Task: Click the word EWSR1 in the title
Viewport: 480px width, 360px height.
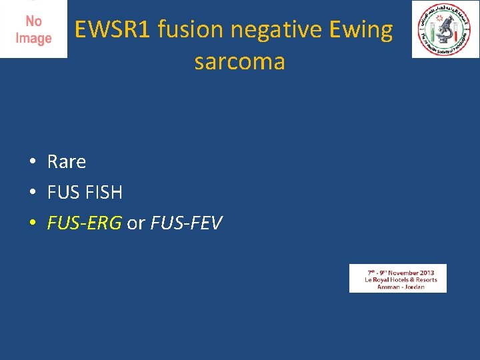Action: point(112,30)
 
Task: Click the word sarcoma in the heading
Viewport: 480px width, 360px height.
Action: point(239,62)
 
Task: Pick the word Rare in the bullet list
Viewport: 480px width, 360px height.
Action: point(67,161)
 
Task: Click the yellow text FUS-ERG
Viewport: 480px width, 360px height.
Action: point(84,223)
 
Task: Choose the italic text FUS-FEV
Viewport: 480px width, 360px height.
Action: point(186,223)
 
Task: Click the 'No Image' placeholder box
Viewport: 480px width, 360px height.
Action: point(33,29)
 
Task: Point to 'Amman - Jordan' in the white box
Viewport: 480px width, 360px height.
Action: point(400,287)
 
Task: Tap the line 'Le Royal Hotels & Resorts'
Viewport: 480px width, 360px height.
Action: point(400,280)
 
